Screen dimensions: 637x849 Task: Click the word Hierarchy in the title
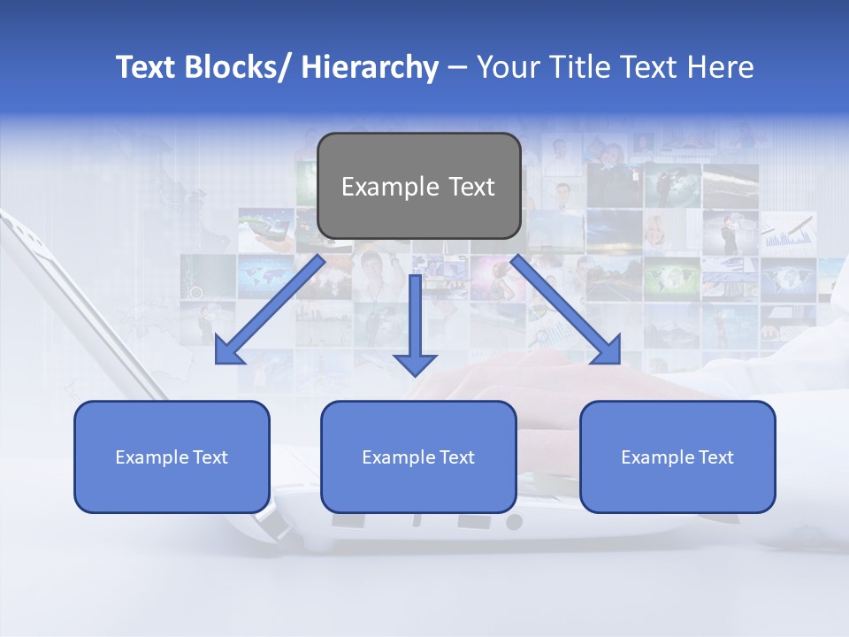point(370,67)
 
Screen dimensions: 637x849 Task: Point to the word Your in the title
point(504,67)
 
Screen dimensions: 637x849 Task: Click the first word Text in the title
point(146,67)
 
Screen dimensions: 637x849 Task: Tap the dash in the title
point(457,67)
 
